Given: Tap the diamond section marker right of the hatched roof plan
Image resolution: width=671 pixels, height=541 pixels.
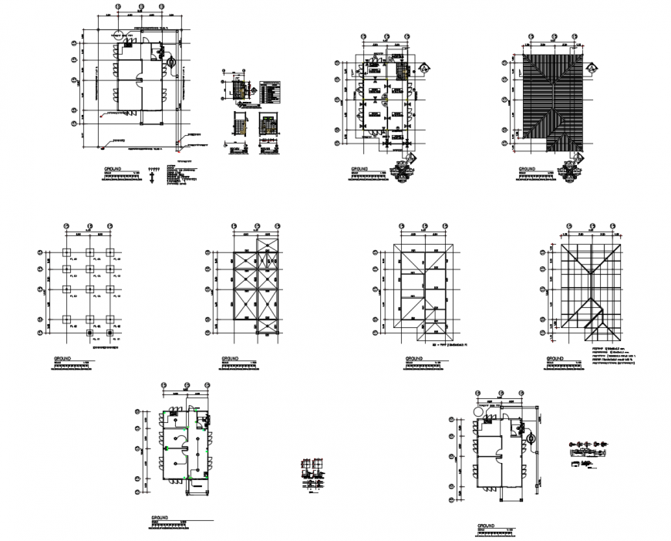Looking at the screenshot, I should (x=592, y=69).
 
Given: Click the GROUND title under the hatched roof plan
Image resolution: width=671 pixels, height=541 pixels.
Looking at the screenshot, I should (x=528, y=167).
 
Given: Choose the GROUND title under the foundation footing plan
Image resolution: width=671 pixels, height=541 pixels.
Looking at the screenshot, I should (x=63, y=359).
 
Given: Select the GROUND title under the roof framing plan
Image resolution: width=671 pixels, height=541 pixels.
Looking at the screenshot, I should (x=555, y=359).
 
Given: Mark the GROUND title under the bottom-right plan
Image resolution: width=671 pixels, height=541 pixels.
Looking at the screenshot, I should (x=487, y=526).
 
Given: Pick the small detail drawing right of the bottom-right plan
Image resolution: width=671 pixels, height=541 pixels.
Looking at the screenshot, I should (x=586, y=454).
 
